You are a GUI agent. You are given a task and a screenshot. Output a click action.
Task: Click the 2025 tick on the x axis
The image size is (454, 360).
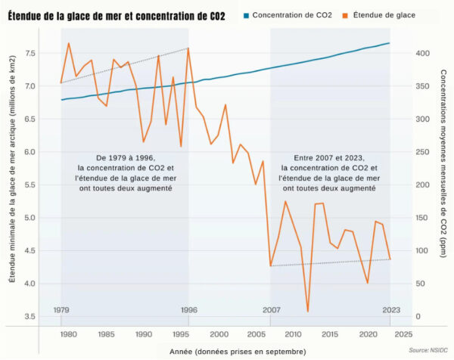coord(404,334)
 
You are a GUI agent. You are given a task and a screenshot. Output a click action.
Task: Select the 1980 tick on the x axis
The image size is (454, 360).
coord(68,334)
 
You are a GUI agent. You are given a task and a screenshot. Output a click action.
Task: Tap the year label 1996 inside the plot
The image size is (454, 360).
coord(189,310)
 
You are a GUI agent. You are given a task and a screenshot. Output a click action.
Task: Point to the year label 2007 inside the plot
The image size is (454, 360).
coord(271,310)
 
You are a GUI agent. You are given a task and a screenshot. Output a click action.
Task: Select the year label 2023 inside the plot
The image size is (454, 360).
coord(390,310)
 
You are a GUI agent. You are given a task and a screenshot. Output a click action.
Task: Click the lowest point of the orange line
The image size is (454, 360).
coord(308,311)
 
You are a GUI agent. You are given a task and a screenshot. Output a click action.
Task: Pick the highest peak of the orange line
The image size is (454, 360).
coord(69,43)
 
